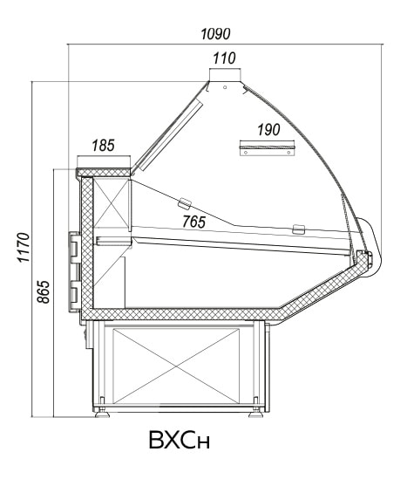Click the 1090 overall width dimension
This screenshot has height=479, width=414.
click(x=215, y=34)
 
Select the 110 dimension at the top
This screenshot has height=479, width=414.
click(x=225, y=58)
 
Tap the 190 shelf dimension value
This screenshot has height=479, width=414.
click(x=268, y=130)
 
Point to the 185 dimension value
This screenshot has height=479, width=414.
click(x=104, y=146)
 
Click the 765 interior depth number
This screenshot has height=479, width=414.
click(x=194, y=222)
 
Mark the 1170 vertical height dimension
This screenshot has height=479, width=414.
click(x=24, y=248)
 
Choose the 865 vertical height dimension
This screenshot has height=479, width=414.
click(x=43, y=291)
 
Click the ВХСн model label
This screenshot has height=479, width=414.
click(x=180, y=441)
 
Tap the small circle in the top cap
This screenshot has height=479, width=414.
click(x=225, y=87)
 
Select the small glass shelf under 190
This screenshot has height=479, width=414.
click(x=268, y=150)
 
